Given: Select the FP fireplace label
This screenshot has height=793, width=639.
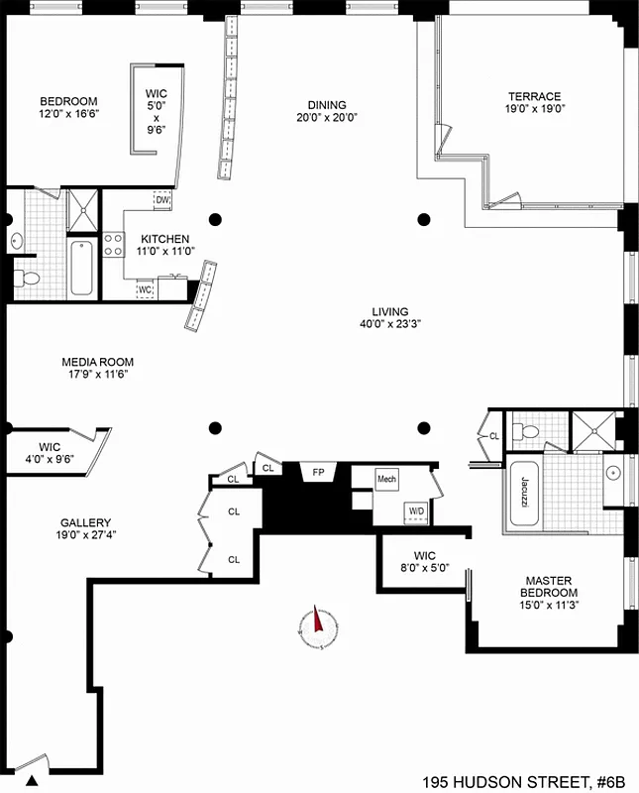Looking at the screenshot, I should (x=318, y=473).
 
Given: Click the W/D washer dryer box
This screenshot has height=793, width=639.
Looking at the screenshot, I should (x=414, y=510).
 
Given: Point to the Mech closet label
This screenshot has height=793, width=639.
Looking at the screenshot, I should (x=385, y=479).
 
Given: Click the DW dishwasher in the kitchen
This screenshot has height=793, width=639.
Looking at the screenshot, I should (x=162, y=200).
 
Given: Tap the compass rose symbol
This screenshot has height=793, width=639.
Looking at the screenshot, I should (x=317, y=623).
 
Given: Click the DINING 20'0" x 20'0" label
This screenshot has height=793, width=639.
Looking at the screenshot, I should (x=326, y=111).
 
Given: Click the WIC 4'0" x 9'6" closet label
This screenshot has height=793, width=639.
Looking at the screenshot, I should (x=50, y=453).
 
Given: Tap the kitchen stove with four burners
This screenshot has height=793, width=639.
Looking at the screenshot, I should (x=113, y=244).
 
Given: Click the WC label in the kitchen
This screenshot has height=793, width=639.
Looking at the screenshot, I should (x=145, y=289).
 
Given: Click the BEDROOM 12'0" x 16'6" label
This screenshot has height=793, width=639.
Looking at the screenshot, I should (x=68, y=107).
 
